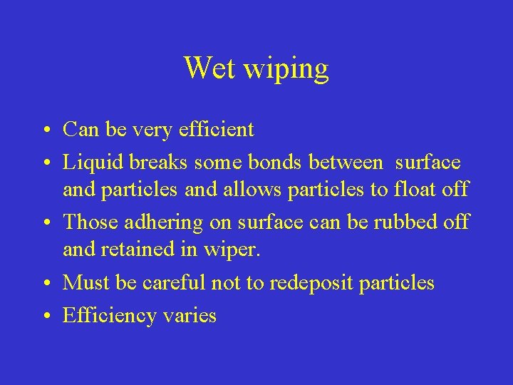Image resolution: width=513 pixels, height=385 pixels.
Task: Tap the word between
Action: (343, 162)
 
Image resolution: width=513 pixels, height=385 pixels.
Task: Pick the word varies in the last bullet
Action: (189, 314)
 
